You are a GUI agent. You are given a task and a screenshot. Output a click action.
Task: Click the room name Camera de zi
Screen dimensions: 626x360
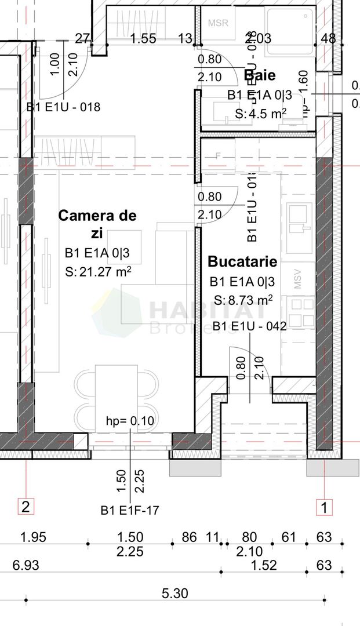coord(97,224)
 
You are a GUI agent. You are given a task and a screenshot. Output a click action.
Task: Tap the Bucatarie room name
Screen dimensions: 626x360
coord(242,261)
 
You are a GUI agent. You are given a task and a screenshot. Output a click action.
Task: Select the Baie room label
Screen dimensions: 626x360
coord(259,75)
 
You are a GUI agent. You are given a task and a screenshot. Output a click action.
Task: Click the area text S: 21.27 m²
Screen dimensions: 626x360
coord(98,271)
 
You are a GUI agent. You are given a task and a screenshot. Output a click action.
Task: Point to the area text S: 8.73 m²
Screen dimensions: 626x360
coord(243,300)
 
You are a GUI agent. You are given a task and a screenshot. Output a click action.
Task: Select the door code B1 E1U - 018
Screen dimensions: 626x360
coord(63,107)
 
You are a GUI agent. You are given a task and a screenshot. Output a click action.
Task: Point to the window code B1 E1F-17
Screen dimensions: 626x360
coord(129,511)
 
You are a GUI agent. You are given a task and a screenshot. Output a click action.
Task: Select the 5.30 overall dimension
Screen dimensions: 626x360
coord(175,594)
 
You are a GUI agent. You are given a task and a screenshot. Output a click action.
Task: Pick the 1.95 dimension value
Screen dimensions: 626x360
coord(33,537)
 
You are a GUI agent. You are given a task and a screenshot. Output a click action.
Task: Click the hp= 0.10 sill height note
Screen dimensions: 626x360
coord(130,421)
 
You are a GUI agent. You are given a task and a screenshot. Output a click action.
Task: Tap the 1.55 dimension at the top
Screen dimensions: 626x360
coord(143,39)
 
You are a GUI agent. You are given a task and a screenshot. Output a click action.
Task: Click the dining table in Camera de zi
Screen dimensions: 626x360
coord(116,397)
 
